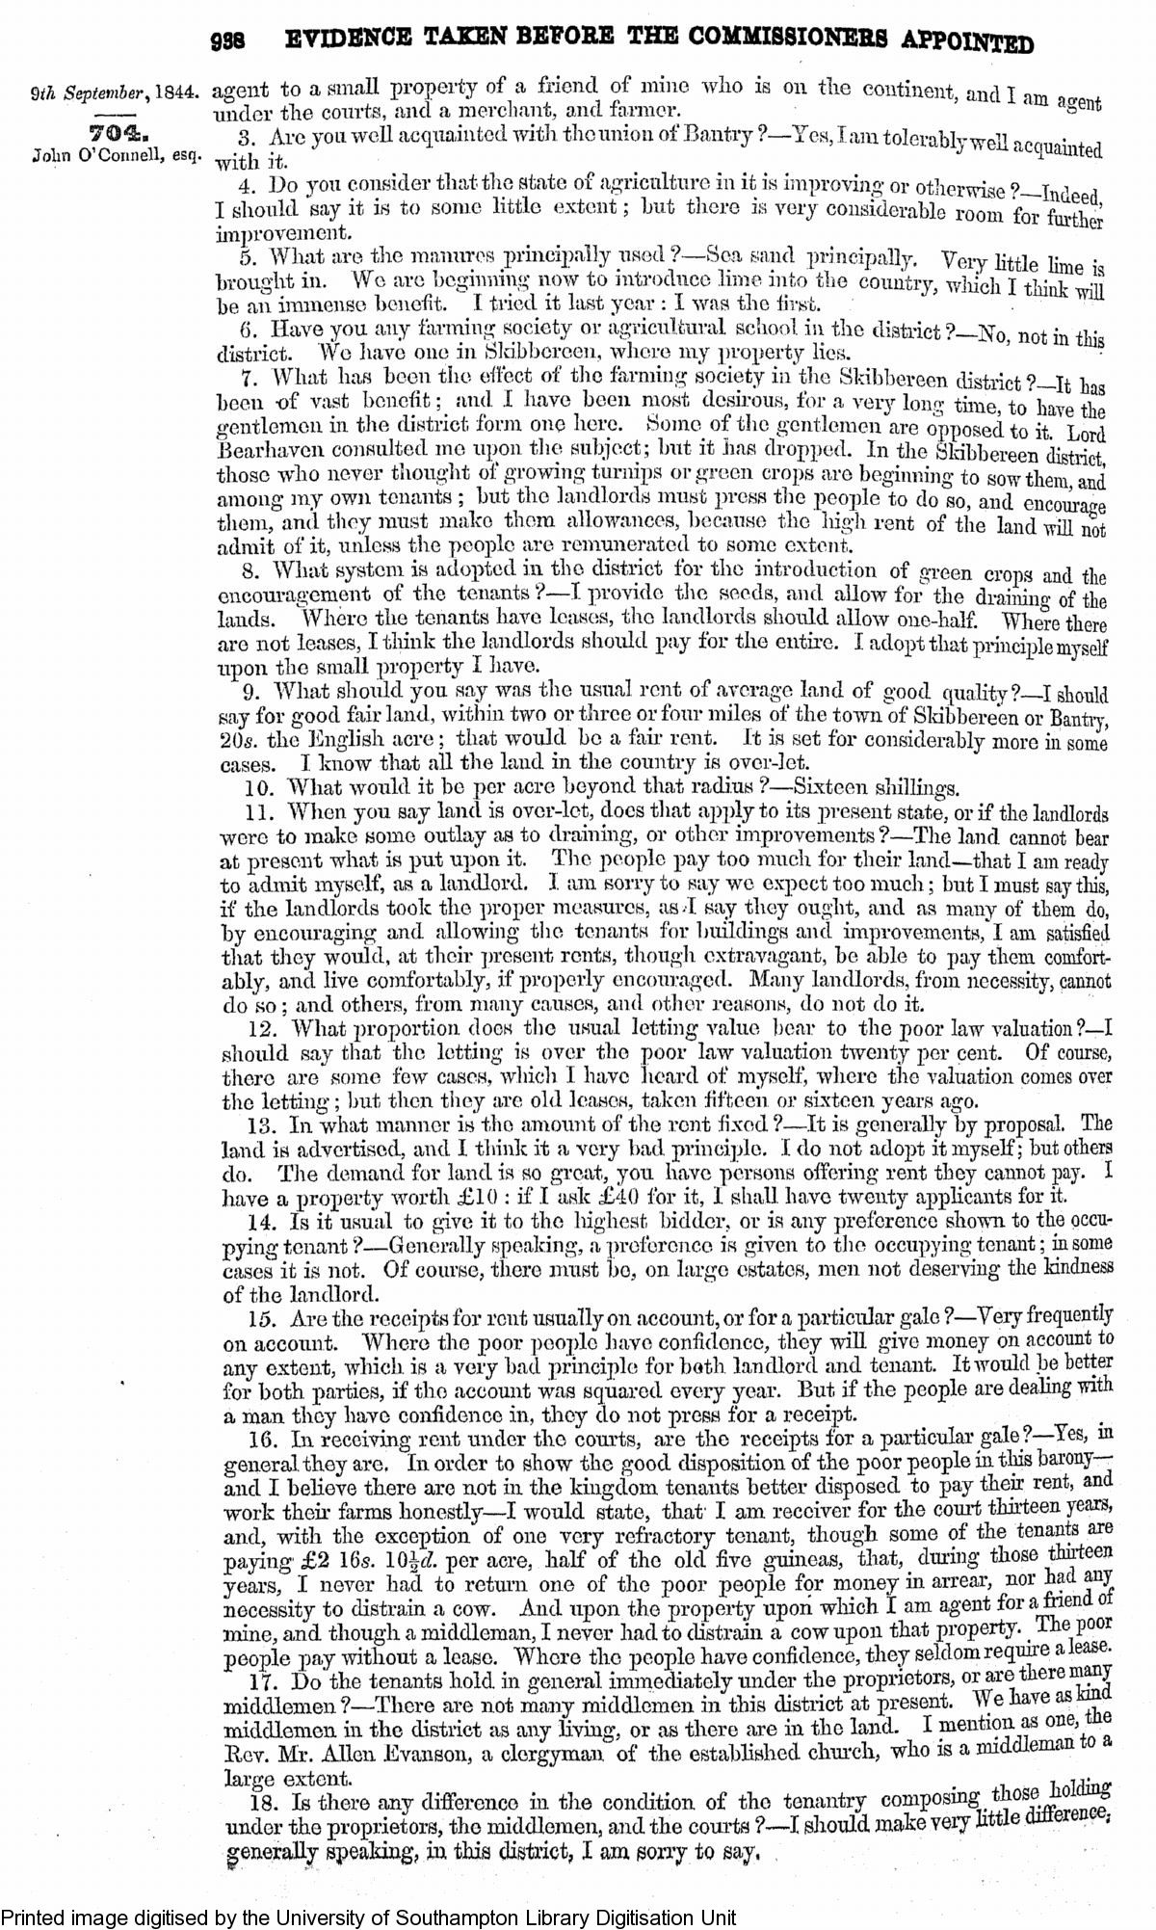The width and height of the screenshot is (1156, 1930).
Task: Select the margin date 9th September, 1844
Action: (115, 96)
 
